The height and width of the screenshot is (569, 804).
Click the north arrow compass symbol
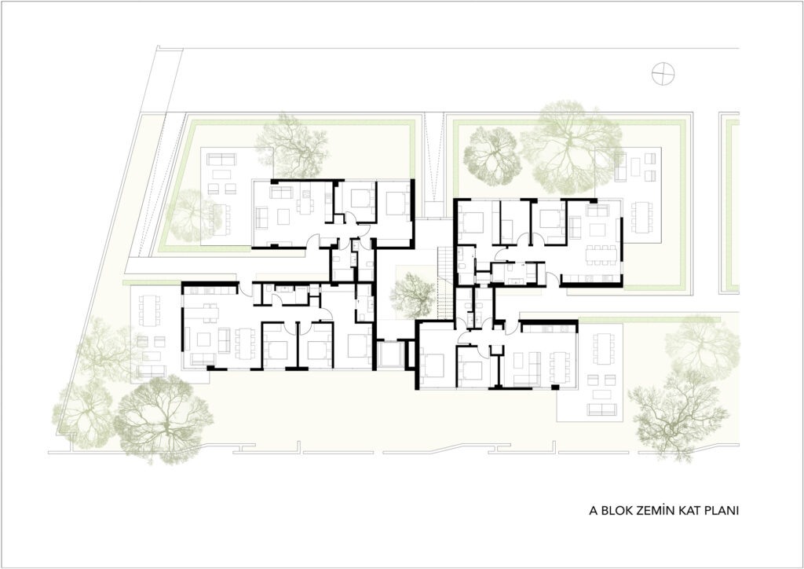(x=663, y=75)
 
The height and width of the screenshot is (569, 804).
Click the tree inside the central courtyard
(x=412, y=296)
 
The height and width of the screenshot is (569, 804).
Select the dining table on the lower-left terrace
(x=150, y=311)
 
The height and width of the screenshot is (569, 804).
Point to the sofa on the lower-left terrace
(x=152, y=370)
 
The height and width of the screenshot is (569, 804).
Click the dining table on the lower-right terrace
(x=605, y=349)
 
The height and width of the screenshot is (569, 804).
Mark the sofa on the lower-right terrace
(x=602, y=409)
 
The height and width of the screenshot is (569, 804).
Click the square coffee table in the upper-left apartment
(x=283, y=218)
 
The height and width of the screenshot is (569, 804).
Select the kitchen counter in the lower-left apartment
(x=210, y=291)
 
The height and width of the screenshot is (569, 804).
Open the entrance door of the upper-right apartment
(x=552, y=280)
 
